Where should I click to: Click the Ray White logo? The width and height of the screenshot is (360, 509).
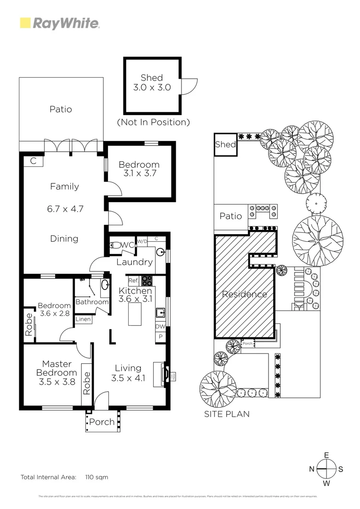pyautogui.click(x=59, y=23)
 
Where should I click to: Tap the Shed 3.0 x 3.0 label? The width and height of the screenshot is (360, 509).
pyautogui.click(x=152, y=82)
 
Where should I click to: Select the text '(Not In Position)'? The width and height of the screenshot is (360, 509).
pyautogui.click(x=153, y=122)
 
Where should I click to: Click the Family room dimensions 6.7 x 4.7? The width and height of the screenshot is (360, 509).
pyautogui.click(x=65, y=209)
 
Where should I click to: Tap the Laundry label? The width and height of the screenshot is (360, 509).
pyautogui.click(x=134, y=263)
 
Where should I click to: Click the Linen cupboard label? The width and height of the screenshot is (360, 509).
pyautogui.click(x=83, y=320)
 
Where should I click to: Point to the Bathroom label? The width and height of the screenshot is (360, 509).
pyautogui.click(x=92, y=302)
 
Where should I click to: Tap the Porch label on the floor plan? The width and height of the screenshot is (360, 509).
pyautogui.click(x=102, y=422)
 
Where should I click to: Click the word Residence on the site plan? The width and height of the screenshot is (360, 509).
pyautogui.click(x=245, y=295)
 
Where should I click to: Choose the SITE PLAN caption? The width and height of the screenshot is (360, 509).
pyautogui.click(x=227, y=414)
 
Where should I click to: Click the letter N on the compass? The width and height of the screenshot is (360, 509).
pyautogui.click(x=311, y=469)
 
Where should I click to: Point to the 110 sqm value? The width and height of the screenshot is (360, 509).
pyautogui.click(x=97, y=477)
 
